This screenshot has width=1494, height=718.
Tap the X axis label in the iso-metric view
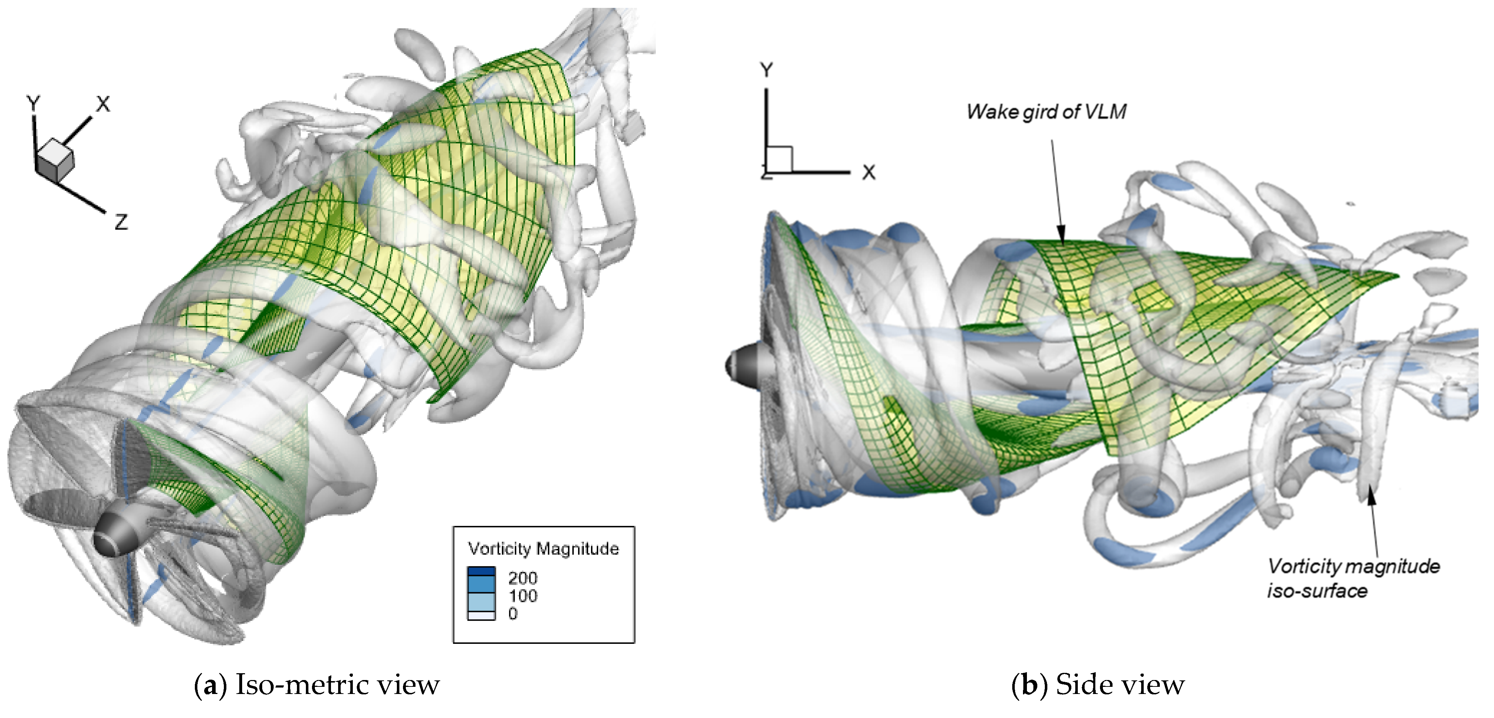tap(103, 104)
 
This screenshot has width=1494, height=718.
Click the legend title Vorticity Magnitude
tap(543, 549)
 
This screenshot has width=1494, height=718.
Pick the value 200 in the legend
tap(523, 578)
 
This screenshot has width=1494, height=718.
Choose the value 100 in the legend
tap(523, 595)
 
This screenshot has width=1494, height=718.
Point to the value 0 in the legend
tap(513, 613)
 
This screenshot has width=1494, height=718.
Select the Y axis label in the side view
tap(767, 70)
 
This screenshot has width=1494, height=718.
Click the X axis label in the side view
tap(868, 172)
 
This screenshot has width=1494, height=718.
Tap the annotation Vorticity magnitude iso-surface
tap(1353, 578)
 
